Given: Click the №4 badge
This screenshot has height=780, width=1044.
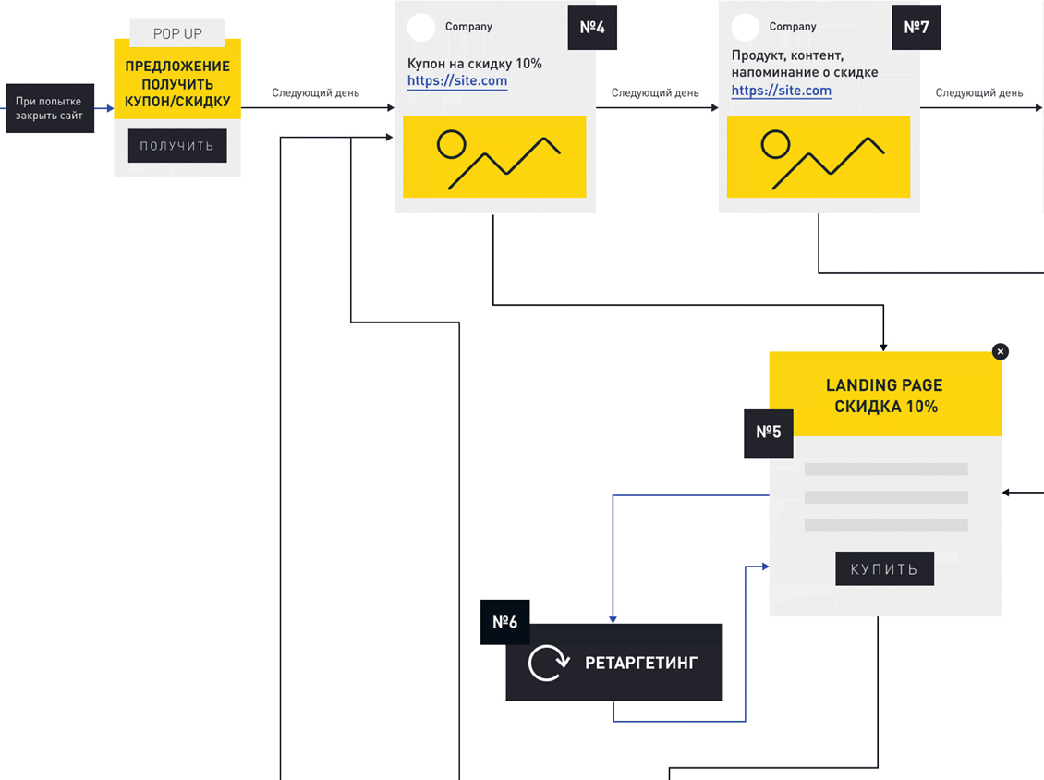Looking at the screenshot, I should tap(591, 27).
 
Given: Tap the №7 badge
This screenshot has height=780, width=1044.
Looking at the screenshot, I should tap(916, 27).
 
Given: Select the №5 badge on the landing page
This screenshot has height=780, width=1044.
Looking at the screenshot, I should tap(769, 433).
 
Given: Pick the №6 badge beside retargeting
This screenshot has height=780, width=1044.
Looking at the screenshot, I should tap(504, 622).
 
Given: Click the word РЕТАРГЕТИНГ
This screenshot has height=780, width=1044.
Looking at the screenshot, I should tap(640, 663).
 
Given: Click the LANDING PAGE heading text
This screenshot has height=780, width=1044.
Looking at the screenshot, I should tap(884, 385).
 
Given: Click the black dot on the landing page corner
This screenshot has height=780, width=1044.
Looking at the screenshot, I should tap(1000, 351).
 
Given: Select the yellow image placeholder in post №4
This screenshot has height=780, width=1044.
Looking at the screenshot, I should tap(494, 156).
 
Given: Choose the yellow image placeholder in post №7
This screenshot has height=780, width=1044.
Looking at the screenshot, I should tap(819, 156).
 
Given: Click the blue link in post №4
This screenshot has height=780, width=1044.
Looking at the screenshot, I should tap(457, 81).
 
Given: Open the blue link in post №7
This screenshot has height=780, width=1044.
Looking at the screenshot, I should tap(782, 91).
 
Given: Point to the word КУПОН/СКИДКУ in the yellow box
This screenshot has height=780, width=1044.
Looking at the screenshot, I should tap(177, 102).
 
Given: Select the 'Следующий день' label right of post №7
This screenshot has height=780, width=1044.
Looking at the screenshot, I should tap(979, 93).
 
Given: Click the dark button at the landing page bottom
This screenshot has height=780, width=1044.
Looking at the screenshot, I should tap(884, 568).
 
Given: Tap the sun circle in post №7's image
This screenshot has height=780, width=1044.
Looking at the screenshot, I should tap(774, 143).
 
